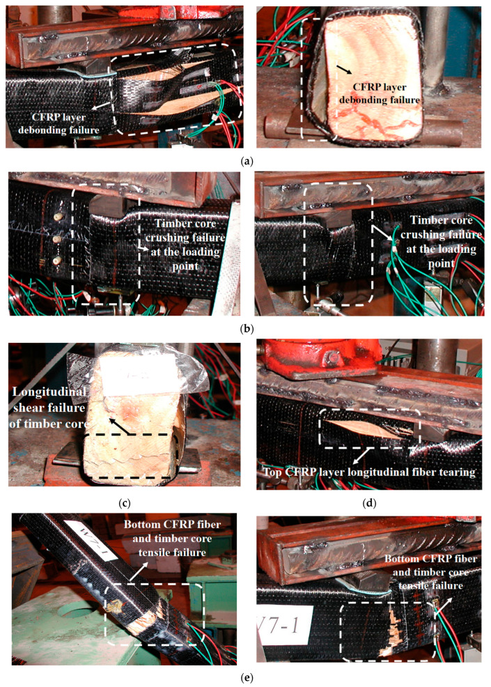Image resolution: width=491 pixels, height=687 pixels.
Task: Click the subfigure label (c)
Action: tap(125, 503)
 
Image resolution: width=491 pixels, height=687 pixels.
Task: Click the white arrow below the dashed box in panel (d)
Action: tap(359, 456)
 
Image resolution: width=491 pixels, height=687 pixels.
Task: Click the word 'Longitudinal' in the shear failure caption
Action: tap(49, 391)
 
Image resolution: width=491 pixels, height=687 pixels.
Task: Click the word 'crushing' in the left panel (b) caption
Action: tap(185, 238)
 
